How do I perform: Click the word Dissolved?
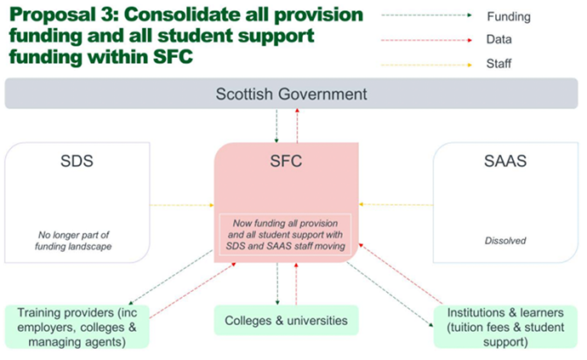pyautogui.click(x=505, y=240)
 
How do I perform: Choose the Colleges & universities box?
pyautogui.click(x=286, y=321)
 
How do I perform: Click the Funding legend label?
pyautogui.click(x=508, y=16)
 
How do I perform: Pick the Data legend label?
pyautogui.click(x=499, y=39)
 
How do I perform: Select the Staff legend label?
pyautogui.click(x=499, y=63)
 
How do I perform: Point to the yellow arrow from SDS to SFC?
pyautogui.click(x=181, y=204)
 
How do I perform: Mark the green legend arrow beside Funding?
pyautogui.click(x=425, y=16)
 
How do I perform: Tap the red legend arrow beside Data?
pyautogui.click(x=425, y=39)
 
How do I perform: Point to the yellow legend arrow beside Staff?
pyautogui.click(x=425, y=63)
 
